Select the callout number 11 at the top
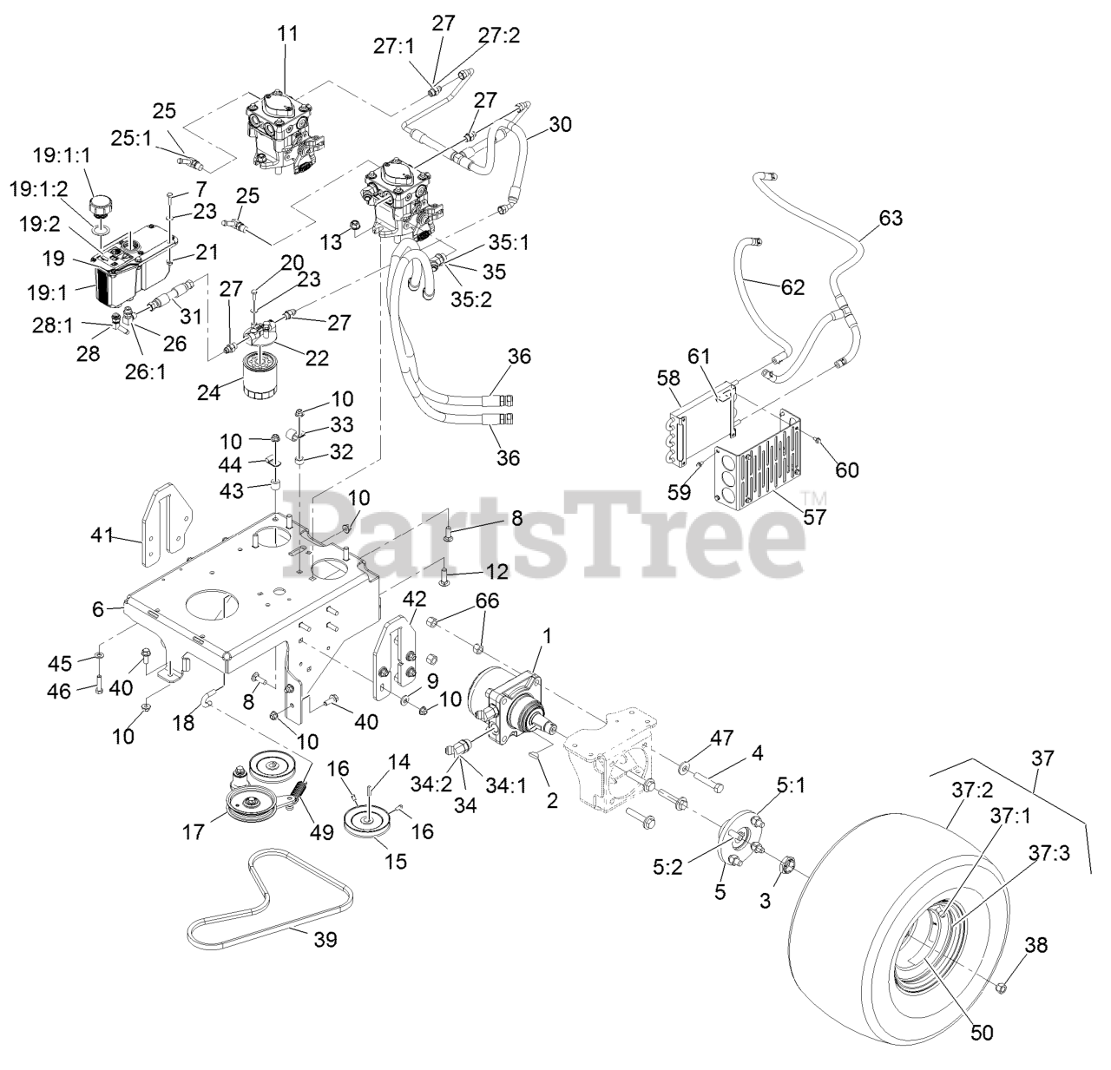pos(287,34)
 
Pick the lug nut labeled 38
pos(1000,986)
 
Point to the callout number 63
pos(891,218)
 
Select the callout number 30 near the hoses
pos(561,124)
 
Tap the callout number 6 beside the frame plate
pos(97,610)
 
